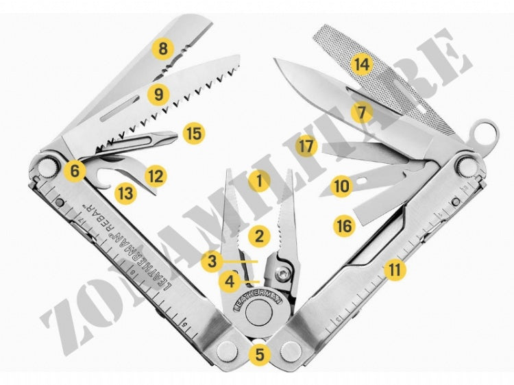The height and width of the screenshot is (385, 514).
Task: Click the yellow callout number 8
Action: click(x=162, y=49)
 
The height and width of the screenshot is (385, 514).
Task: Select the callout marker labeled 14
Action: click(x=361, y=65)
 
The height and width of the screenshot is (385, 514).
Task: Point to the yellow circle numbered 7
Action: click(x=361, y=111)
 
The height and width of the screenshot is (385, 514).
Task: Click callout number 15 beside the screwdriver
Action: click(x=195, y=133)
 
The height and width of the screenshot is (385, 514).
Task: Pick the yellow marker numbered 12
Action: click(x=157, y=176)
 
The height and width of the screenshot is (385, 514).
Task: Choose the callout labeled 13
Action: click(x=125, y=192)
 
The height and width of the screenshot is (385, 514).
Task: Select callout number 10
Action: click(x=341, y=184)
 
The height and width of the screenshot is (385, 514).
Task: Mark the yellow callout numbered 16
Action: click(x=344, y=224)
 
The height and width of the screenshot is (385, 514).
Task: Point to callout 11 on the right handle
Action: click(x=394, y=269)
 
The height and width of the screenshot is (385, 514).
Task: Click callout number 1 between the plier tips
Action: click(x=258, y=181)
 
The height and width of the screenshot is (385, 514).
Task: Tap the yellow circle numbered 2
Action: click(x=258, y=236)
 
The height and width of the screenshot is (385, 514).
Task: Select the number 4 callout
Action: click(x=230, y=280)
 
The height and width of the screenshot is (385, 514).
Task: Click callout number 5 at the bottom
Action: click(x=258, y=354)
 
